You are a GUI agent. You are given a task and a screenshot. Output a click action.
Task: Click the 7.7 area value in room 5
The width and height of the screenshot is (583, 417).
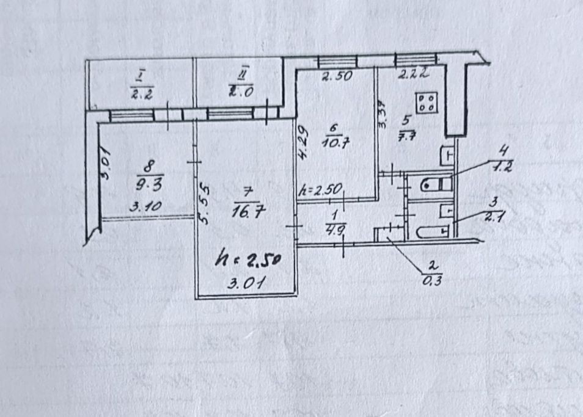click(x=406, y=136)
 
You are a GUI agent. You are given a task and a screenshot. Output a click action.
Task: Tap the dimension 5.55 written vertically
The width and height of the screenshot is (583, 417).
click(x=207, y=203)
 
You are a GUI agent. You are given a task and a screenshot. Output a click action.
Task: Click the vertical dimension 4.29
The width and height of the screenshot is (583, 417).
click(x=302, y=142)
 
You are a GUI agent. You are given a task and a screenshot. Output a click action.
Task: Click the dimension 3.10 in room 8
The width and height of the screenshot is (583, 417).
click(x=145, y=206)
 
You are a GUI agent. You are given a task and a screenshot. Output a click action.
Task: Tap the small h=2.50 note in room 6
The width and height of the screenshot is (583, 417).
click(x=321, y=189)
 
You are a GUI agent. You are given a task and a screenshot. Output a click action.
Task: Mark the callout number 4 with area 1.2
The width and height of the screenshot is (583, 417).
click(x=504, y=158)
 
